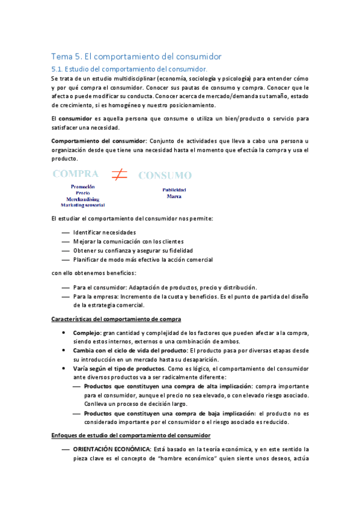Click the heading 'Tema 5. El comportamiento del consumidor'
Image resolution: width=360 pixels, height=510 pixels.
point(136,57)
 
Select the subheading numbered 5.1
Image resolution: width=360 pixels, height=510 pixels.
point(129,69)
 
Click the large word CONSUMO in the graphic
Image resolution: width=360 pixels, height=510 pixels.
point(165,176)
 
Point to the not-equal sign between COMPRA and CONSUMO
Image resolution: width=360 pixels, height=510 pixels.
point(120,174)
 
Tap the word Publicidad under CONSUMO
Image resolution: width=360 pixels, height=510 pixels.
point(174,190)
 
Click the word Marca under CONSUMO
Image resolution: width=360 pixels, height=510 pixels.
point(174,197)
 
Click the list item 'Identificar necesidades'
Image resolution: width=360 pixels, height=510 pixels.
point(104,232)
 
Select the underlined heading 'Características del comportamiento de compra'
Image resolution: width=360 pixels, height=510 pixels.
point(116,319)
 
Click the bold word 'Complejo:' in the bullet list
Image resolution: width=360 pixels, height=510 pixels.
point(87,333)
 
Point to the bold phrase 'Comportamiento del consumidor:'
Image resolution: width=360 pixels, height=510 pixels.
point(99,141)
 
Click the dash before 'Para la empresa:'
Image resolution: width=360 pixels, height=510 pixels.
point(66,296)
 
